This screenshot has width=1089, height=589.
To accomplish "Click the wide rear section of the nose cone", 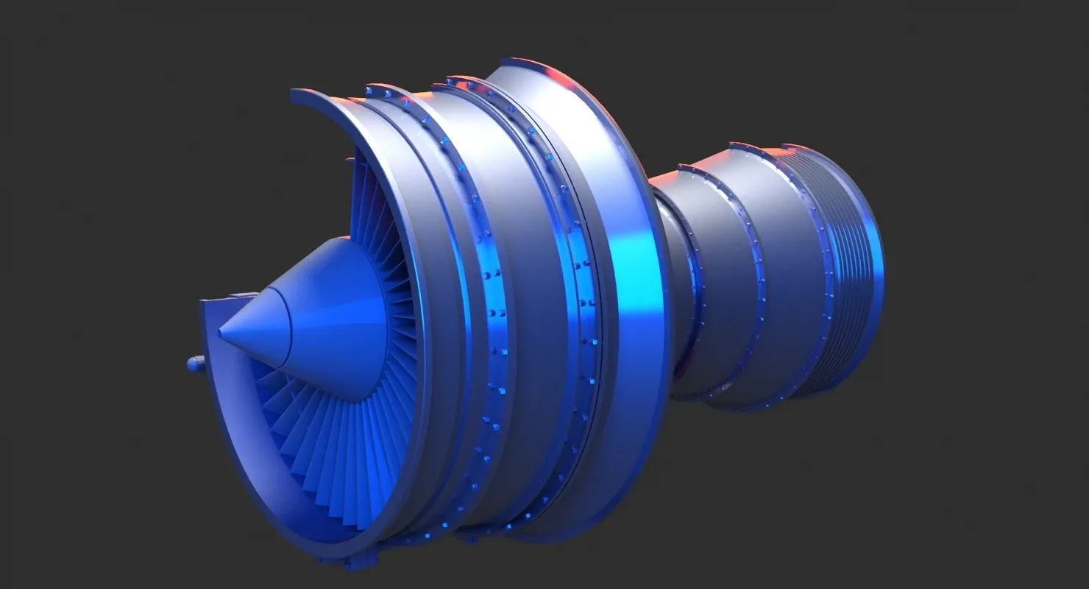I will click(331, 324).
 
